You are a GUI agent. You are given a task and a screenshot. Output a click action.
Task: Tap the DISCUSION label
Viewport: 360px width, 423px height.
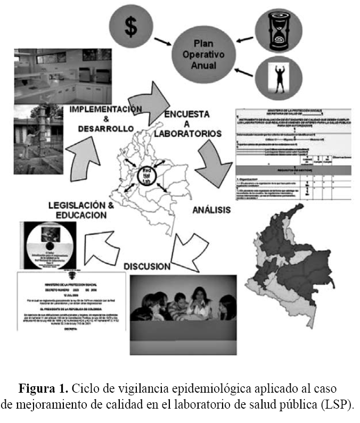(x=147, y=266)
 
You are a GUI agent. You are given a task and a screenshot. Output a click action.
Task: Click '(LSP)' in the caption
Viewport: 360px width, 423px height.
(x=338, y=404)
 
